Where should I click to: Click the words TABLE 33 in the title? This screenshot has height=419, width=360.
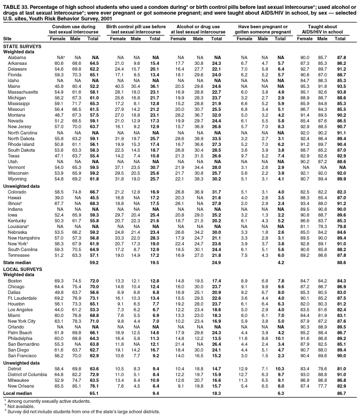pos(14,4)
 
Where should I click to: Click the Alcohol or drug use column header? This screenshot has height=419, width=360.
pos(198,29)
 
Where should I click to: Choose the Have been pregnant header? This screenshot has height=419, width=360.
pos(260,29)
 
